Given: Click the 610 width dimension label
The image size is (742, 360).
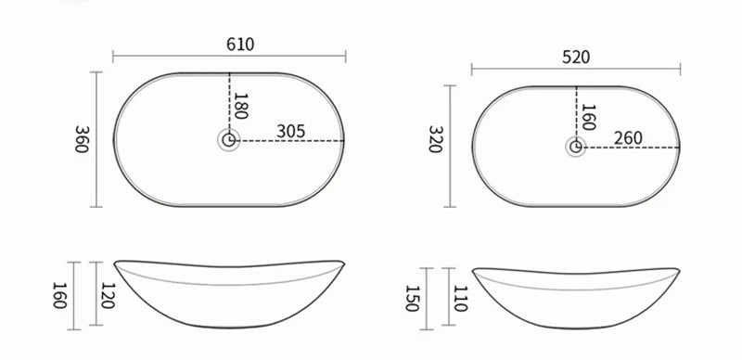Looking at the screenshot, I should point(239,45).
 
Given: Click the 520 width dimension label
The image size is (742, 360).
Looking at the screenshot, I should point(575,56).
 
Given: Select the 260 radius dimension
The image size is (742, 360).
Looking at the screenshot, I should point(628,137).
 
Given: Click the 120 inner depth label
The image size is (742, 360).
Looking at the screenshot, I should point(109,294).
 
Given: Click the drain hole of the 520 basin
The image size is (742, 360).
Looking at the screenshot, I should point(576,146).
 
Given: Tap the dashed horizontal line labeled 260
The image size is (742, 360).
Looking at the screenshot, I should point(631,147).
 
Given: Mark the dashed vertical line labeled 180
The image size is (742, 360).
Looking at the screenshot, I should point(229,102).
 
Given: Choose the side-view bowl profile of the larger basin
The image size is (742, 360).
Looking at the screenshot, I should point(230,292).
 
